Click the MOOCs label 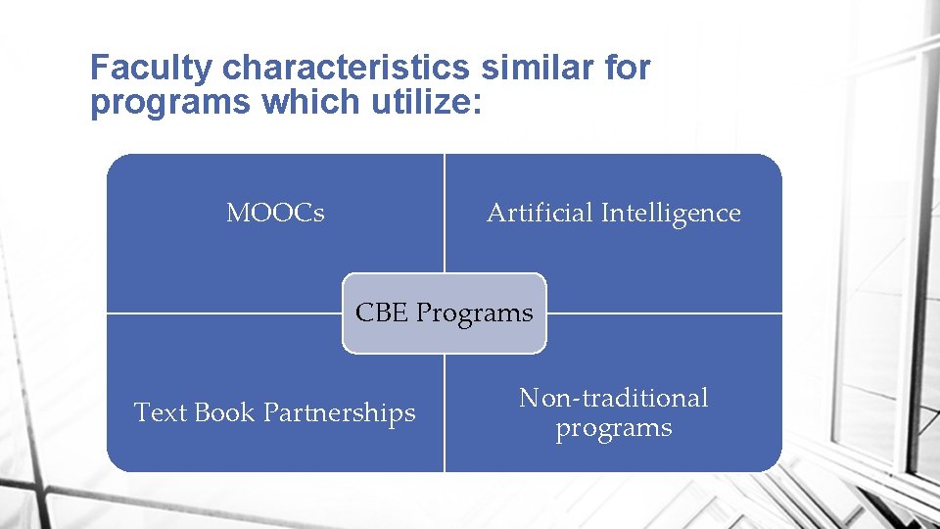click(x=275, y=213)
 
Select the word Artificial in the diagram click(x=540, y=213)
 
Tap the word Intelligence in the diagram click(x=671, y=213)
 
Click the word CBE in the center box click(x=382, y=313)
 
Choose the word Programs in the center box click(x=475, y=313)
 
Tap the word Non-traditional click(x=613, y=398)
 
